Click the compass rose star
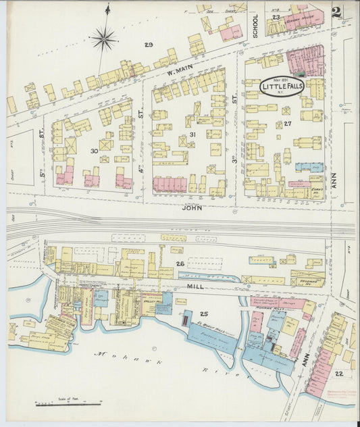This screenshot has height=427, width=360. click(x=104, y=39)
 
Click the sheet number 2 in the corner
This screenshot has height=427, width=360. click(x=336, y=13)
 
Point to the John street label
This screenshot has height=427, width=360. click(x=192, y=209)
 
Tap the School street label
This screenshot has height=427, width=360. click(x=255, y=25)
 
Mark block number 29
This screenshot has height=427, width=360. click(x=149, y=45)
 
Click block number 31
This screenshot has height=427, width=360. click(x=192, y=134)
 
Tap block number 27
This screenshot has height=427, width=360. click(x=287, y=124)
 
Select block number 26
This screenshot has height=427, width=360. click(x=180, y=263)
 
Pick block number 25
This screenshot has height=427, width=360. click(x=203, y=314)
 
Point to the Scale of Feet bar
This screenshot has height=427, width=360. click(x=68, y=404)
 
